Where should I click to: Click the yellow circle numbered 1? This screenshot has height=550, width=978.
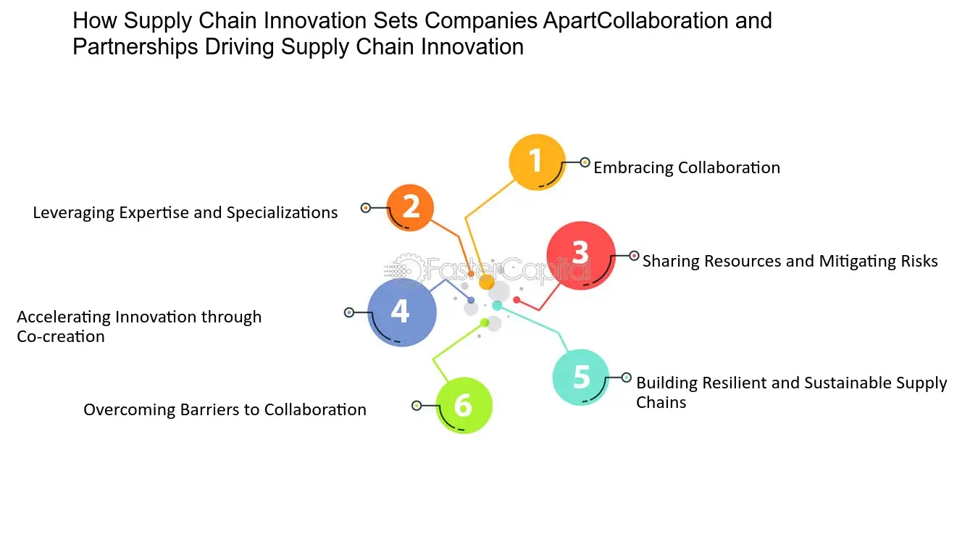(537, 162)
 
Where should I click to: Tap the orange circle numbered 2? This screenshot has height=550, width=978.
(410, 208)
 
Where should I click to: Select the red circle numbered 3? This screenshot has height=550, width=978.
(580, 255)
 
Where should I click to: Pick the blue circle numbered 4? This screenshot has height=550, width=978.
(401, 312)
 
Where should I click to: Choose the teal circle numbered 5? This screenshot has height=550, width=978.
(581, 377)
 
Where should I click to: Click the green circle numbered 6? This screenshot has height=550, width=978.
(464, 406)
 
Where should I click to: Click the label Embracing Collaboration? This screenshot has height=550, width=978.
(686, 167)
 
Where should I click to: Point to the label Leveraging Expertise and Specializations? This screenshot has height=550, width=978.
(185, 212)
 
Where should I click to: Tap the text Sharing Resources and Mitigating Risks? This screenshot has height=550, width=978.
(790, 261)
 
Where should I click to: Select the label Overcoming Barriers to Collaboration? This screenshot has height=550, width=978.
(225, 409)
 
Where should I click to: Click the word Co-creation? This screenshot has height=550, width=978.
(61, 336)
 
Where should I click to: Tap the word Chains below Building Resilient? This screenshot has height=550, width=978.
(661, 402)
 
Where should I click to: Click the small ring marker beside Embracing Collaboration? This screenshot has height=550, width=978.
(585, 162)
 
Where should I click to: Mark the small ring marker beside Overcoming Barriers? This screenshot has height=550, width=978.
(417, 406)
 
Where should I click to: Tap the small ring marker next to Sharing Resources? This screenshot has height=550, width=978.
(634, 255)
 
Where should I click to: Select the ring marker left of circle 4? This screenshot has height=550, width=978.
(349, 312)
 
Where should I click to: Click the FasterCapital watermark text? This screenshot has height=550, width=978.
(507, 270)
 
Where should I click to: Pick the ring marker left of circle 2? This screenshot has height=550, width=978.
(366, 208)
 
